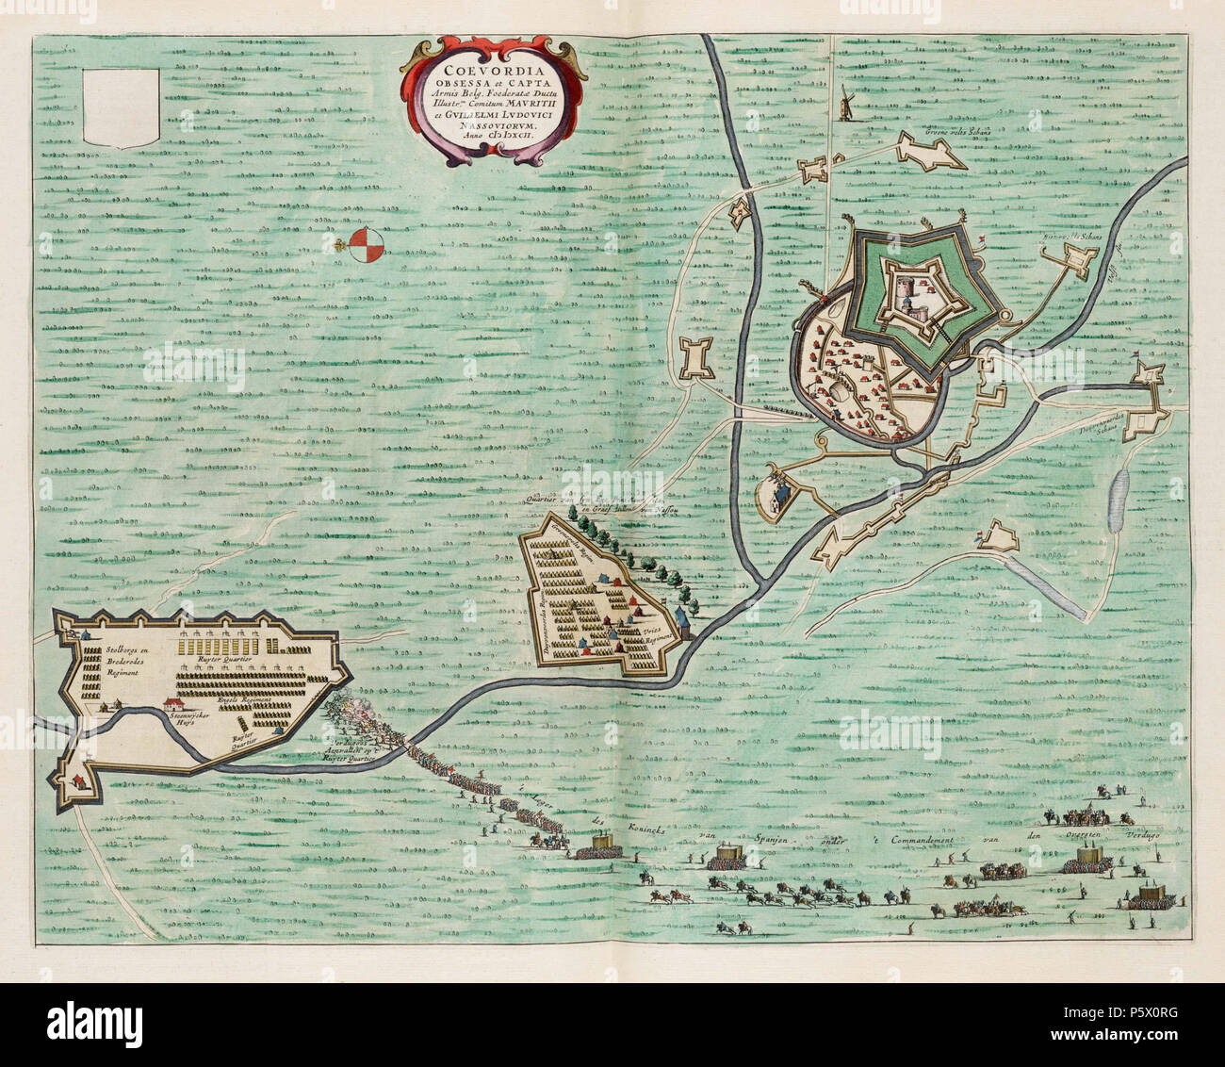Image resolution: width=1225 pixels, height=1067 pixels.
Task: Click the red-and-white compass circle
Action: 366,246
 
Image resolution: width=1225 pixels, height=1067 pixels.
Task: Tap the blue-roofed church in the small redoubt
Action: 776,492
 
